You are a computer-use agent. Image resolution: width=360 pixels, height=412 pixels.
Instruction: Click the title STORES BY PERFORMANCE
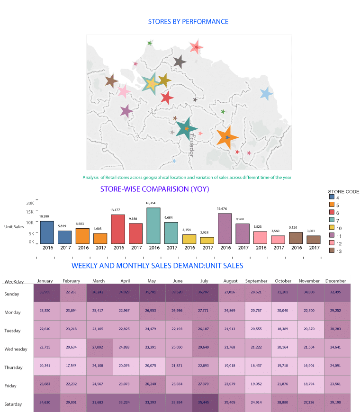click(188, 22)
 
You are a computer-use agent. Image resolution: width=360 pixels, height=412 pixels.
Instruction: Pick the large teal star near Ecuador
click(186, 128)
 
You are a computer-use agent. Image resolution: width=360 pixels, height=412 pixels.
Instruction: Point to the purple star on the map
click(126, 111)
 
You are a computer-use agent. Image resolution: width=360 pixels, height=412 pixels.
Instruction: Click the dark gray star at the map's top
click(179, 61)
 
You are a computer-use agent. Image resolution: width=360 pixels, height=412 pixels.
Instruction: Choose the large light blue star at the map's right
click(266, 94)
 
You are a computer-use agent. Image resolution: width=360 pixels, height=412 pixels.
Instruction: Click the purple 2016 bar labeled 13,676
click(225, 228)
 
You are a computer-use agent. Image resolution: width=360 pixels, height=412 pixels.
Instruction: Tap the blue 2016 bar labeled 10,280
click(47, 232)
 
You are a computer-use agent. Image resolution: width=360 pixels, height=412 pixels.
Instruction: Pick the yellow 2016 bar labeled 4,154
click(189, 239)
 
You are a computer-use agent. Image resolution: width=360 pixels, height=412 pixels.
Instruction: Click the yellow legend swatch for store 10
click(332, 228)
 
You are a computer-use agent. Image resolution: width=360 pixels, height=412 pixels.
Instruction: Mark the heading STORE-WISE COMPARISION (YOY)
click(154, 189)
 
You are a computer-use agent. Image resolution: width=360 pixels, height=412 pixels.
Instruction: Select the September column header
click(256, 281)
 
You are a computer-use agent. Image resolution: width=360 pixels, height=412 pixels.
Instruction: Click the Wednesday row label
click(16, 349)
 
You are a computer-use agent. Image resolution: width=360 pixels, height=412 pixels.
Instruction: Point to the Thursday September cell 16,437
click(256, 367)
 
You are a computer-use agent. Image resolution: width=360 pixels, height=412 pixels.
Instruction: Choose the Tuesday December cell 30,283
click(335, 330)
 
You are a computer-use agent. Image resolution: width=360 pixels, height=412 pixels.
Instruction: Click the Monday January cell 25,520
click(46, 312)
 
